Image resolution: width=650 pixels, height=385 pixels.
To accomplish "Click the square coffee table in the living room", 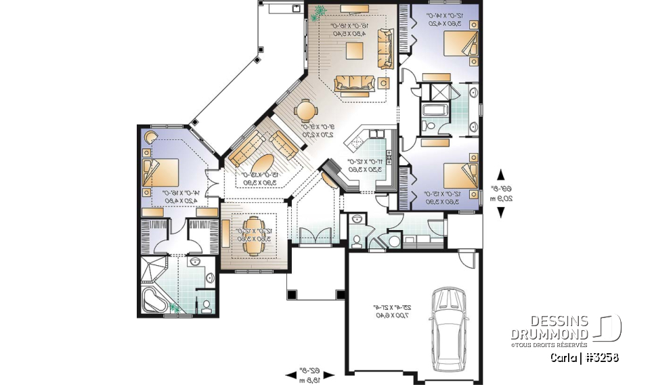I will (353, 51).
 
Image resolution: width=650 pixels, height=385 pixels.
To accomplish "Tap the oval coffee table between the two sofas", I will (263, 164).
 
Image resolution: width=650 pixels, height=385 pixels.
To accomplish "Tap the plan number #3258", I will (601, 358).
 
